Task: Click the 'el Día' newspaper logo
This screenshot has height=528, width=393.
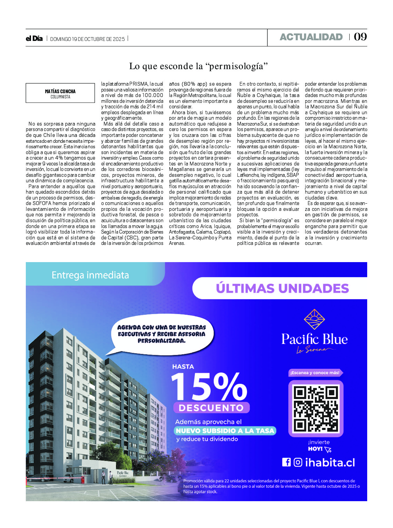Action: [34, 39]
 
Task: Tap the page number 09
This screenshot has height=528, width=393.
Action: [360, 37]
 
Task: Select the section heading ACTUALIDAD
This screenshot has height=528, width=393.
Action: [311, 37]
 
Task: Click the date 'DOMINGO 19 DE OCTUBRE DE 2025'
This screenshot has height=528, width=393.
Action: [87, 39]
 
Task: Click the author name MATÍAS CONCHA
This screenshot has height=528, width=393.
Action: [60, 91]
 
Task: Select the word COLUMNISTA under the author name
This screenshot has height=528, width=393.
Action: [60, 97]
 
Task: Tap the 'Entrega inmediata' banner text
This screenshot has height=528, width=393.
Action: [90, 275]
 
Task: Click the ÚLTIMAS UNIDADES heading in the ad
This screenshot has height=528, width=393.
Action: [282, 288]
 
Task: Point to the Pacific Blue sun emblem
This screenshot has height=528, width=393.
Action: [314, 319]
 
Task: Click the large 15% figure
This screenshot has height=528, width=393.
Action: [209, 387]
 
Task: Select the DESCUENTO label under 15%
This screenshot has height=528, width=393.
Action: [211, 408]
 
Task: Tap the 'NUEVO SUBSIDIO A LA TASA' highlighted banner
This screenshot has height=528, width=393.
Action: [225, 431]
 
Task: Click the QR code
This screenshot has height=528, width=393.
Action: [316, 408]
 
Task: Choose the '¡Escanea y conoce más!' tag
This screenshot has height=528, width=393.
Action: [315, 373]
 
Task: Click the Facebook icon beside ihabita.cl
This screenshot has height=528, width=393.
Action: [286, 462]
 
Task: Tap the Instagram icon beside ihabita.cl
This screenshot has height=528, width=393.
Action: [298, 462]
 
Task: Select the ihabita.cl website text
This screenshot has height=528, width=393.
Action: [330, 463]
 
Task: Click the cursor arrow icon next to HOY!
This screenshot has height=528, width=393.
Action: [328, 449]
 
